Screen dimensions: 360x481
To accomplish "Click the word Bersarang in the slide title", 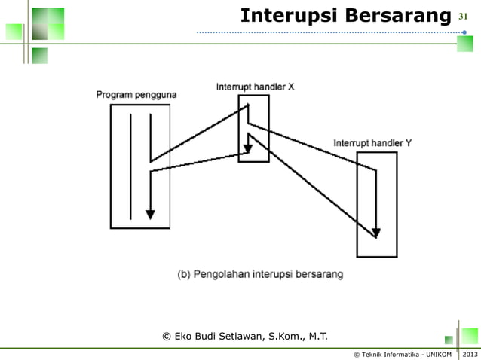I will [x=396, y=15].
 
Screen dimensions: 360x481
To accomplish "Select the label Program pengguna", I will [x=136, y=94].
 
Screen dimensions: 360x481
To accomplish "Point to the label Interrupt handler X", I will [x=255, y=87].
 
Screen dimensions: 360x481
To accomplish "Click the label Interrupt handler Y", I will [x=372, y=142].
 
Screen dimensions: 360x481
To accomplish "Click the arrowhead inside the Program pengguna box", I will [x=150, y=214].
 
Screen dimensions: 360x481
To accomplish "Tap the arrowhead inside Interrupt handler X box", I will [x=247, y=148].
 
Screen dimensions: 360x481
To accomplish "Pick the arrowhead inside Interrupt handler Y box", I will [x=376, y=232].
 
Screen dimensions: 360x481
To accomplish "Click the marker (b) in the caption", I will [x=184, y=274].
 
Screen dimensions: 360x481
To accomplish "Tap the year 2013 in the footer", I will [x=470, y=354].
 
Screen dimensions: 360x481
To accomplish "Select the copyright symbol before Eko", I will [x=167, y=335].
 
